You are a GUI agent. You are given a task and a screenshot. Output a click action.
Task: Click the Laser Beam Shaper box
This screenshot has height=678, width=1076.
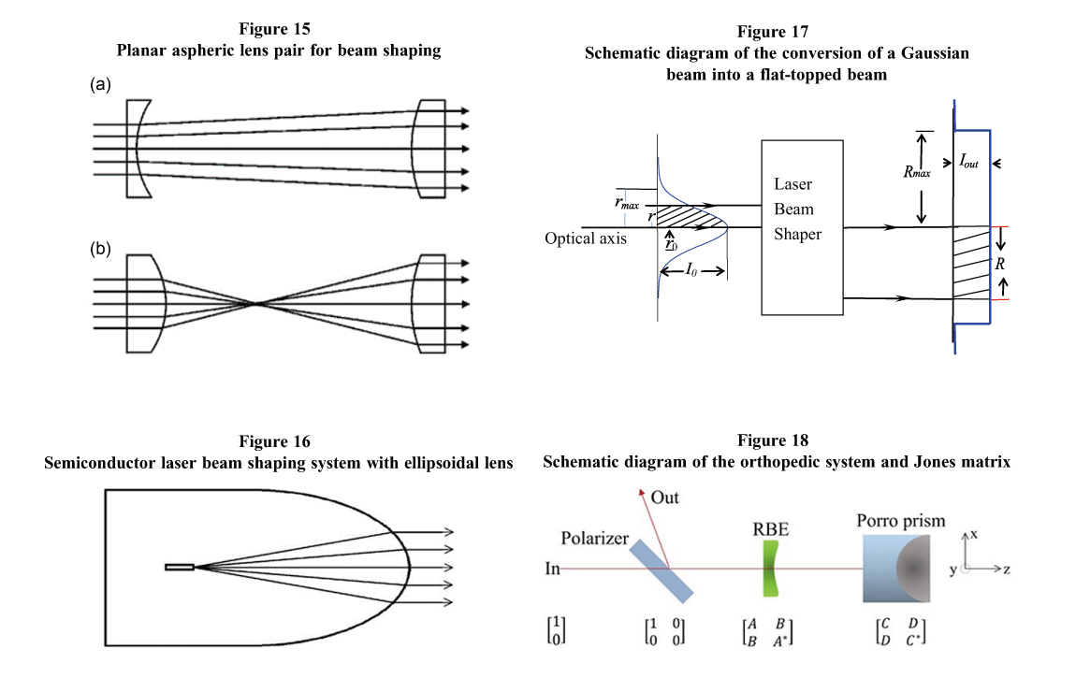pos(802,226)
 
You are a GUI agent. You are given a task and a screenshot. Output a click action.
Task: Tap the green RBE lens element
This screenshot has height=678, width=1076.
pos(770,570)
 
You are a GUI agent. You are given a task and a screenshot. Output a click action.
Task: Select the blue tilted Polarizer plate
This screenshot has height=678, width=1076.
pos(662,570)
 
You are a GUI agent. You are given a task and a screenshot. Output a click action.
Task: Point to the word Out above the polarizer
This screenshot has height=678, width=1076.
pos(665,498)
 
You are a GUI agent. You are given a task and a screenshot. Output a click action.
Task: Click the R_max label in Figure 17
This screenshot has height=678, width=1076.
pos(915,172)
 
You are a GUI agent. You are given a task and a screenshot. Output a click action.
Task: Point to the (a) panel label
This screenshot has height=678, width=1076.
pos(101,85)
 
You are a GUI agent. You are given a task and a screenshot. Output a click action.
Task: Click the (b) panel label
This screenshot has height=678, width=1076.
pos(101,250)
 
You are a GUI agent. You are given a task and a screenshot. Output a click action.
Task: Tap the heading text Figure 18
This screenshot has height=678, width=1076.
pos(773,440)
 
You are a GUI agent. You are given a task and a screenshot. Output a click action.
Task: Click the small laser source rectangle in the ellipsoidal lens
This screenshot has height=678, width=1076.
pos(180,567)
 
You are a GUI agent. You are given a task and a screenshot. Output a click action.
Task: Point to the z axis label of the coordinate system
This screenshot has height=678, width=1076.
pos(1007,568)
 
